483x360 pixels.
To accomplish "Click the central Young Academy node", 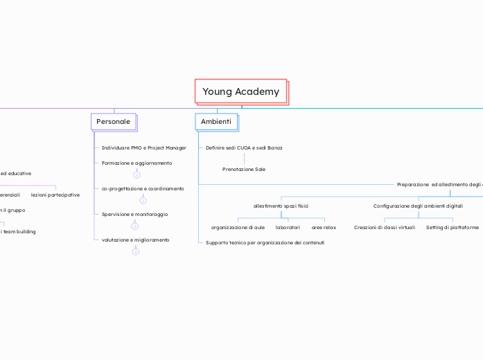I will tap(240, 91).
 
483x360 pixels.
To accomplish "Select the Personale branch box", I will tap(113, 121).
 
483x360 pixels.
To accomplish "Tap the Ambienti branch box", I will tap(216, 121).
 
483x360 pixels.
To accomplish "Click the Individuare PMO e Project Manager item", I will tap(143, 147).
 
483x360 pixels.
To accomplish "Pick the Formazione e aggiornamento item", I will tap(137, 163).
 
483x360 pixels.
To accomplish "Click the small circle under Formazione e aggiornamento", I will tap(137, 175).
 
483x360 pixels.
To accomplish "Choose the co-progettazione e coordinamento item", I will tap(142, 188).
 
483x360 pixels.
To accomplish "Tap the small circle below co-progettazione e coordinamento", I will tap(143, 201).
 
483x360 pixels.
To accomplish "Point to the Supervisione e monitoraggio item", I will tap(134, 214).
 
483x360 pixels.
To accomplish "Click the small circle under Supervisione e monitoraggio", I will tap(134, 226).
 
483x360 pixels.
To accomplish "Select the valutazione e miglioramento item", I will tap(135, 240).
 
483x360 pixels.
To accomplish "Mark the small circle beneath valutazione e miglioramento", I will tap(135, 252).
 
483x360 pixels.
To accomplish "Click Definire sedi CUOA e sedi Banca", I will tap(244, 147).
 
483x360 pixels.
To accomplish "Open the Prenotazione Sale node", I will tap(243, 169).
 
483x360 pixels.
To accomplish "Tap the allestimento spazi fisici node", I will tap(281, 206).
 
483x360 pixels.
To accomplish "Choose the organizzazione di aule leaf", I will tap(238, 227).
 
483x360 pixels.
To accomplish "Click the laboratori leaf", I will tap(288, 227).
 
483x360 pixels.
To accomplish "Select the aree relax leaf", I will tap(324, 227).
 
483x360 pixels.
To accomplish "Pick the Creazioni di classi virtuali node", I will tap(384, 227).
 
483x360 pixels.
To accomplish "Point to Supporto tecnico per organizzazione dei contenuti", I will tap(265, 243).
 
